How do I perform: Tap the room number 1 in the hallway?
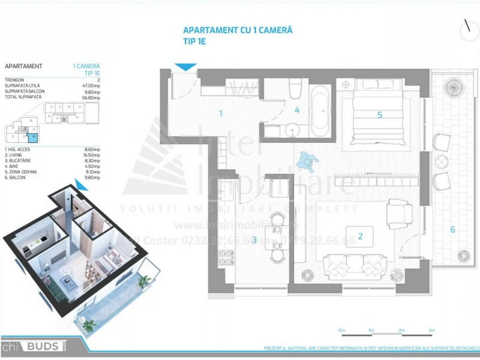click(221, 113)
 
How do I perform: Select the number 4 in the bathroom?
click(296, 110)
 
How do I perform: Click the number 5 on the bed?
click(379, 114)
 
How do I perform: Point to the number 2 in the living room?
click(360, 236)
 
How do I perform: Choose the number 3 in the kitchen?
click(254, 240)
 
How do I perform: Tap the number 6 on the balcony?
click(452, 229)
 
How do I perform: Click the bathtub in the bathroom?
click(319, 110)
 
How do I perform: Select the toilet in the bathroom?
click(294, 90)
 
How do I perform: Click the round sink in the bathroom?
click(293, 130)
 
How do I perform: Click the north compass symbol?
click(466, 28)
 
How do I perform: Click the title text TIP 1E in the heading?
click(194, 41)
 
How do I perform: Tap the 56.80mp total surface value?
click(91, 97)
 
